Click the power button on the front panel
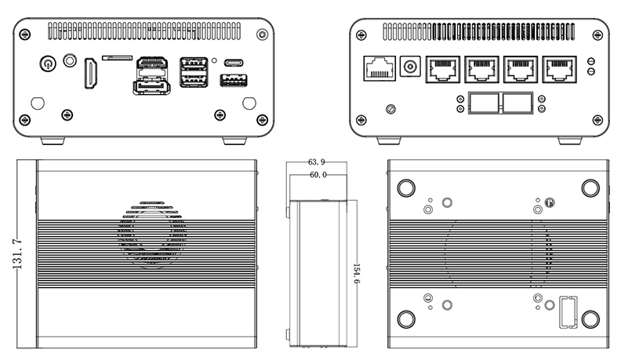click(x=48, y=60)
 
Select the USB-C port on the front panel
click(x=234, y=62)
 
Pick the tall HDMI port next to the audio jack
click(x=91, y=72)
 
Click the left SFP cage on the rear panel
click(x=481, y=103)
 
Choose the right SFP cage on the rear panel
click(x=515, y=103)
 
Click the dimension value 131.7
click(x=18, y=254)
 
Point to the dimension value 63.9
click(x=318, y=163)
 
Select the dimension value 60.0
click(x=318, y=175)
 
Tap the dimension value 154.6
click(x=356, y=273)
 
